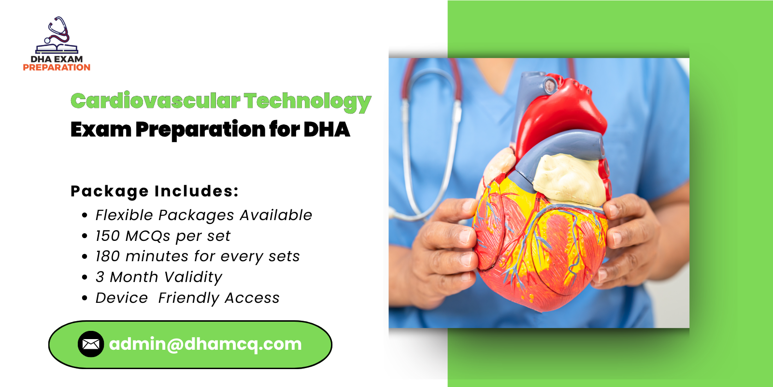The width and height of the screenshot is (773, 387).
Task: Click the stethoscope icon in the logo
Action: pyautogui.click(x=57, y=32)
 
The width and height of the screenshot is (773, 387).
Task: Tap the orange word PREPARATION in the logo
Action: pyautogui.click(x=57, y=68)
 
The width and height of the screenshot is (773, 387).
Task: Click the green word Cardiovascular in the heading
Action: pyautogui.click(x=155, y=101)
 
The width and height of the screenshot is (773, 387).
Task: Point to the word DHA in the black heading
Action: pyautogui.click(x=327, y=130)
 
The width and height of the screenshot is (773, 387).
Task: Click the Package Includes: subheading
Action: pyautogui.click(x=155, y=191)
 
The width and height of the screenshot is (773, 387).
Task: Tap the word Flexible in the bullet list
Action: pyautogui.click(x=124, y=215)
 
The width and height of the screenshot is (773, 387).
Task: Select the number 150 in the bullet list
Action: pyautogui.click(x=107, y=236)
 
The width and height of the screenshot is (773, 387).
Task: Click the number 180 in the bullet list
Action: pyautogui.click(x=107, y=256)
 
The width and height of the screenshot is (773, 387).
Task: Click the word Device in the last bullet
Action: pyautogui.click(x=121, y=298)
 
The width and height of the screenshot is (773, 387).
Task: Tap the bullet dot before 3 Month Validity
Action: pyautogui.click(x=85, y=278)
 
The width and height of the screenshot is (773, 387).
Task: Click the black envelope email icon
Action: pyautogui.click(x=91, y=344)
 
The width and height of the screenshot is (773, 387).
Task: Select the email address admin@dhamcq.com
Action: pyautogui.click(x=205, y=344)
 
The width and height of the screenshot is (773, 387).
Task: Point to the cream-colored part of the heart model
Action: pyautogui.click(x=570, y=179)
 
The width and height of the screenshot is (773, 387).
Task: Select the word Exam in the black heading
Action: pyautogui.click(x=100, y=130)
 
